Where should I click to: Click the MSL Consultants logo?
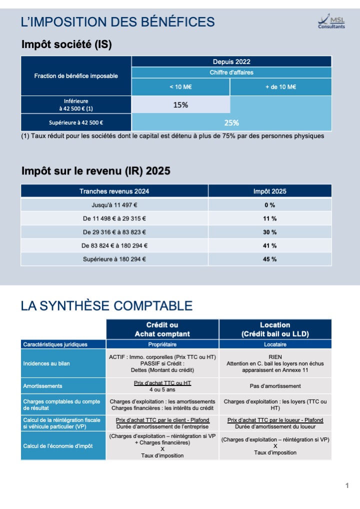click(331, 21)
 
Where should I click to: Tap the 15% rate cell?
click(180, 105)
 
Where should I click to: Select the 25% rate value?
click(231, 122)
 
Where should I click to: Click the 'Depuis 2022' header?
click(231, 61)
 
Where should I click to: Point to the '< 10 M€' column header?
click(180, 87)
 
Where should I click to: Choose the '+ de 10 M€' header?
click(281, 87)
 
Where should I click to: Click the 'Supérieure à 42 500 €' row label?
click(76, 122)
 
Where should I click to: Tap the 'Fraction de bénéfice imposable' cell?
click(76, 76)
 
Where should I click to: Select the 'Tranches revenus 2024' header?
click(114, 191)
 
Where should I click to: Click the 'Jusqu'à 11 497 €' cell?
click(114, 205)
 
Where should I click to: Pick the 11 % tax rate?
click(270, 219)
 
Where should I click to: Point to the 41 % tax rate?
click(270, 245)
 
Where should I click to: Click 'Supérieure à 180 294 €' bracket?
click(114, 259)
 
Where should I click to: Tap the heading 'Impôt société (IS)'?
click(66, 44)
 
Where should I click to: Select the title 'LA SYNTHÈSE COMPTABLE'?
click(106, 306)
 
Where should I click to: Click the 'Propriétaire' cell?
click(162, 344)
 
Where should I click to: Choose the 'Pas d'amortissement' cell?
click(275, 386)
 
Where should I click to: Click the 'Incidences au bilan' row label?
click(46, 363)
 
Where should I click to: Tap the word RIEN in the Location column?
click(275, 357)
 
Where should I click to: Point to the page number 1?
click(347, 485)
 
